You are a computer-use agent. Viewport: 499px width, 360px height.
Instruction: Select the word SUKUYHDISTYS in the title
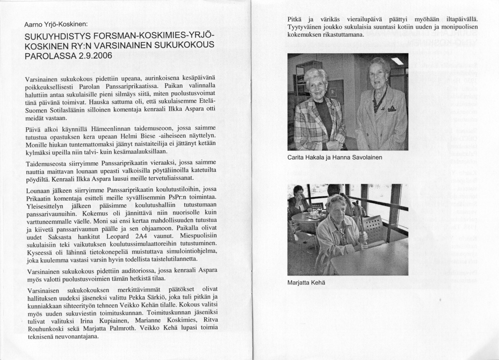57,36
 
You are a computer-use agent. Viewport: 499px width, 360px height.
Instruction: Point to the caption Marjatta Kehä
305,282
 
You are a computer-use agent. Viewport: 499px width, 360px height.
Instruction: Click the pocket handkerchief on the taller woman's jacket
391,109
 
